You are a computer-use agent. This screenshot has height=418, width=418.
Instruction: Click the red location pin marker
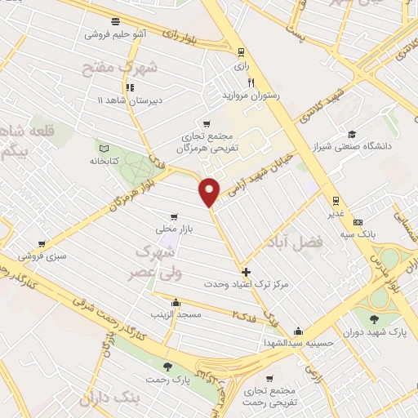pyautogui.click(x=210, y=190)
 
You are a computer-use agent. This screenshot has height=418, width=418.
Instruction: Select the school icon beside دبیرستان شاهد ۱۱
pyautogui.click(x=129, y=87)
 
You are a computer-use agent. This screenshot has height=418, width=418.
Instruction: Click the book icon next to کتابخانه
pyautogui.click(x=103, y=148)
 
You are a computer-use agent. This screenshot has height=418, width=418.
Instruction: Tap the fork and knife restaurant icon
pyautogui.click(x=251, y=82)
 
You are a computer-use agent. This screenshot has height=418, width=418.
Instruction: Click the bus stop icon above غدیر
pyautogui.click(x=335, y=200)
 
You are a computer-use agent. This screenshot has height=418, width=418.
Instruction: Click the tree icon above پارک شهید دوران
pyautogui.click(x=375, y=318)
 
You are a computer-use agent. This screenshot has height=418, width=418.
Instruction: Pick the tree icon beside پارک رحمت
pyautogui.click(x=167, y=366)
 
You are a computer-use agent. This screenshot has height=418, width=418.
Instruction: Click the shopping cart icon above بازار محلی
pyautogui.click(x=172, y=216)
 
